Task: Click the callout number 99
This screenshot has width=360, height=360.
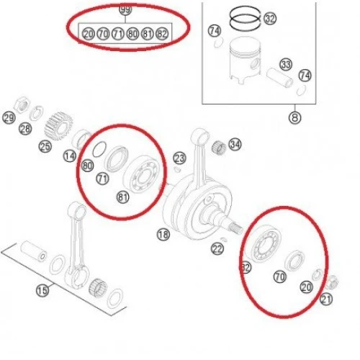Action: (x=125, y=9)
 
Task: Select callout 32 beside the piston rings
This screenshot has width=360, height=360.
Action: (x=270, y=19)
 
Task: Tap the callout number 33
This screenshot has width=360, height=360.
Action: (x=286, y=65)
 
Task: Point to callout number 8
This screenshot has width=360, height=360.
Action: (x=295, y=117)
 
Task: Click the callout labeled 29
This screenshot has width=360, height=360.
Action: (x=9, y=118)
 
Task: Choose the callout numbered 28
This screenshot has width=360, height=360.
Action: (x=25, y=129)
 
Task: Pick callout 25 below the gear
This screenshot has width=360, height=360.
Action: (x=45, y=146)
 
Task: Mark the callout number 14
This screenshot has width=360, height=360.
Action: (x=70, y=156)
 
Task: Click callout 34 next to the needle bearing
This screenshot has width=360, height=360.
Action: (x=235, y=145)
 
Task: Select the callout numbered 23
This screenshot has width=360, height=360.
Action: (x=180, y=158)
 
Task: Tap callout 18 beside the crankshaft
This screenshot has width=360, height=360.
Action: (x=163, y=235)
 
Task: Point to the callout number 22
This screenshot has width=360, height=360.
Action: (x=217, y=249)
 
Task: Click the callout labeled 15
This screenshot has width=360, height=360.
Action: (x=42, y=291)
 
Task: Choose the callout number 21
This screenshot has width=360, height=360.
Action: (x=326, y=300)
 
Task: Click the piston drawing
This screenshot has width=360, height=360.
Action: (x=245, y=60)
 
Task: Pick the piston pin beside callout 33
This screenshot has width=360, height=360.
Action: (x=279, y=77)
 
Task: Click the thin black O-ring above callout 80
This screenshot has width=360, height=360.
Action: (x=99, y=150)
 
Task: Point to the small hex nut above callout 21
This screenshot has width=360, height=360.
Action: (x=333, y=282)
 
